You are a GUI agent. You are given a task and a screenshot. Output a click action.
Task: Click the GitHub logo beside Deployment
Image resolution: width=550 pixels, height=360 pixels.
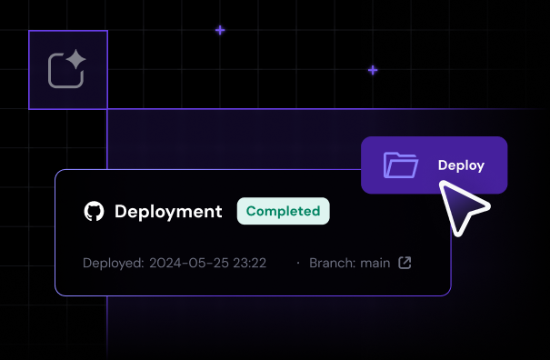94,212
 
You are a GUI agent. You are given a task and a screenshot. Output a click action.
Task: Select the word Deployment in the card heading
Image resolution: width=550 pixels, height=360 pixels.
168,212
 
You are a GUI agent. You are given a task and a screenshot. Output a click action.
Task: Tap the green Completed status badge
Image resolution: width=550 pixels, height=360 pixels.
283,211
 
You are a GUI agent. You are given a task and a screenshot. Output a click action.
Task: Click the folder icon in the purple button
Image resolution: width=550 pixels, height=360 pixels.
400,165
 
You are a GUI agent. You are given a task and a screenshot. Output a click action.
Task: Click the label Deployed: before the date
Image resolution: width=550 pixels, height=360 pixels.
113,264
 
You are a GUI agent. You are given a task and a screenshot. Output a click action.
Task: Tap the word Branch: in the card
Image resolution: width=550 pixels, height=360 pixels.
332,264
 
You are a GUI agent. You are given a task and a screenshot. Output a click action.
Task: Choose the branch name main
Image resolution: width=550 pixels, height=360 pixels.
374,264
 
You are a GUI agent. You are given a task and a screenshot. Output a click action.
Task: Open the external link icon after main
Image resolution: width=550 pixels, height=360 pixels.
405,264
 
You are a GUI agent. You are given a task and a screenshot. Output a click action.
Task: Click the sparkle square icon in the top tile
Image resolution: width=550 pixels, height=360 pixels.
67,70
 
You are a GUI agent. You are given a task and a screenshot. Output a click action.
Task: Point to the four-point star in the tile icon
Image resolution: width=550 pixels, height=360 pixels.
76,61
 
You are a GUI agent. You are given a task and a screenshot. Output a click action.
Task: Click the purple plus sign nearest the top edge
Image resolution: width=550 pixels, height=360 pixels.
220,30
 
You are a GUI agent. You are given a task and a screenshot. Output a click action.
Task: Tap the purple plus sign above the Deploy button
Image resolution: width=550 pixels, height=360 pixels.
373,70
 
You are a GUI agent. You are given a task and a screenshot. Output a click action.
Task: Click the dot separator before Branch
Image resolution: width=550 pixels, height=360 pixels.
297,264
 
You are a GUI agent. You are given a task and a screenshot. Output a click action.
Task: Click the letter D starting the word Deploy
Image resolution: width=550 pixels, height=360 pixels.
443,165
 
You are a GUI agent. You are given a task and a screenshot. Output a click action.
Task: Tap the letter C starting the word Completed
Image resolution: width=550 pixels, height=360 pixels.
252,211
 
